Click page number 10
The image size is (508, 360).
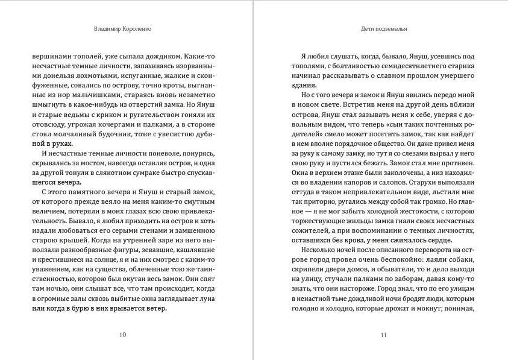123,335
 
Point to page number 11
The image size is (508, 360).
384,335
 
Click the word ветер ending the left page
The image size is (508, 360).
154,308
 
